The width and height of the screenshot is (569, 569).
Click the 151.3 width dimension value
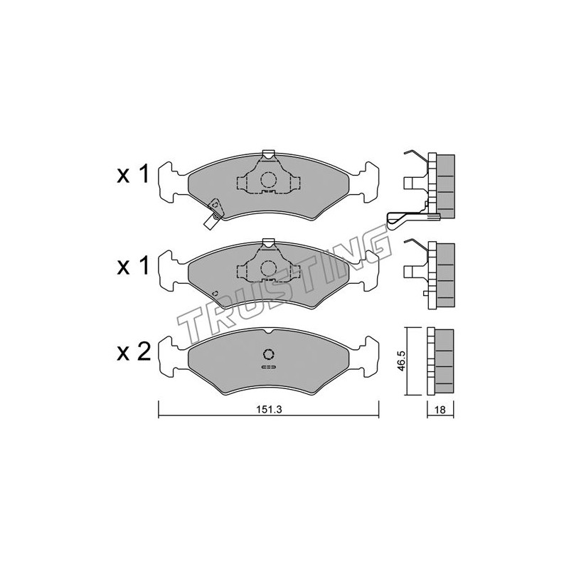click(269, 410)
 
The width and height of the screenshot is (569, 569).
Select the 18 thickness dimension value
click(440, 410)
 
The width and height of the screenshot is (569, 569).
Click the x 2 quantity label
click(134, 352)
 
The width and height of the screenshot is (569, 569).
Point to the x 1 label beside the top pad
click(133, 174)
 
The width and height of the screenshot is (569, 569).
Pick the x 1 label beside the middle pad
click(133, 266)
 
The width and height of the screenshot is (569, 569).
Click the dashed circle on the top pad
click(269, 180)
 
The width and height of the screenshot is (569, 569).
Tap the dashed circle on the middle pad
click(269, 269)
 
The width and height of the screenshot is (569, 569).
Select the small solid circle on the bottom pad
click(269, 354)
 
